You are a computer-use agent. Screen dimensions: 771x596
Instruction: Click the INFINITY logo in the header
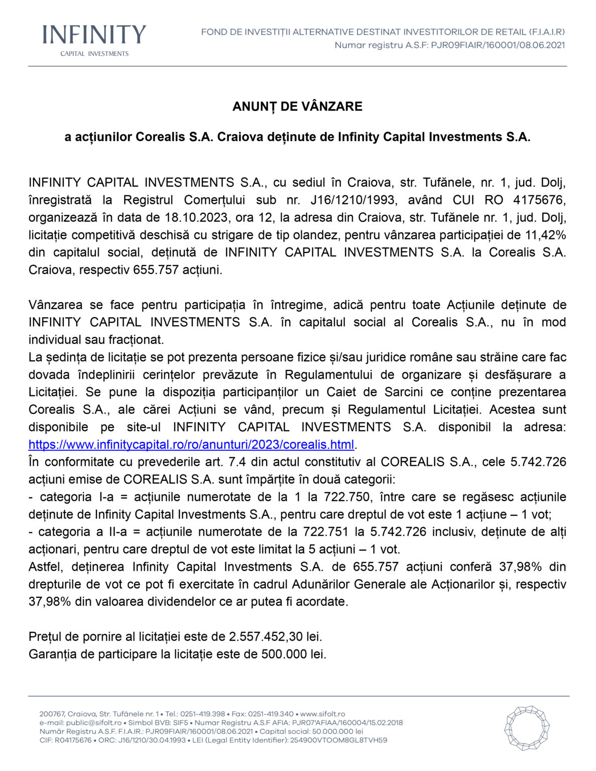pos(94,35)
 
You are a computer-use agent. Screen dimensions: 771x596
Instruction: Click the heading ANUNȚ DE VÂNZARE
pos(297,106)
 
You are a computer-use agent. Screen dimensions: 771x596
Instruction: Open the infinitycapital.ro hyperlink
pos(191,445)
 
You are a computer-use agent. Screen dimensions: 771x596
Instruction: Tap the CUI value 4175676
pos(539,200)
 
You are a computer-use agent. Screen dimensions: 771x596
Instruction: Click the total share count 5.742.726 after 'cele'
pos(538,462)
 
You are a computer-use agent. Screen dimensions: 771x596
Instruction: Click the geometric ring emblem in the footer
pos(527,728)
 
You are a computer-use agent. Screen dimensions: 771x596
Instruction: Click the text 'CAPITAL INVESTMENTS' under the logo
pos(94,54)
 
